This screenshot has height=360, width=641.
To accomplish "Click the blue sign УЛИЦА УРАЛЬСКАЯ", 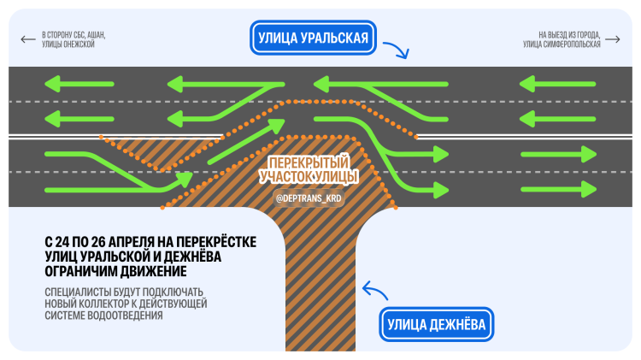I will point(314,38).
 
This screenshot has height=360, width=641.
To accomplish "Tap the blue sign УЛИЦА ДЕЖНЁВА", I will point(436,325).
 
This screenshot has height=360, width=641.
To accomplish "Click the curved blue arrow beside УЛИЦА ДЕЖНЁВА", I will point(373,292).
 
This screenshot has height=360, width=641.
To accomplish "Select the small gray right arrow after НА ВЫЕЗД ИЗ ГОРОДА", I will point(613,38).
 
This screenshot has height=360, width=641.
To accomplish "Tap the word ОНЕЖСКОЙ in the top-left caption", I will point(76,44).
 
